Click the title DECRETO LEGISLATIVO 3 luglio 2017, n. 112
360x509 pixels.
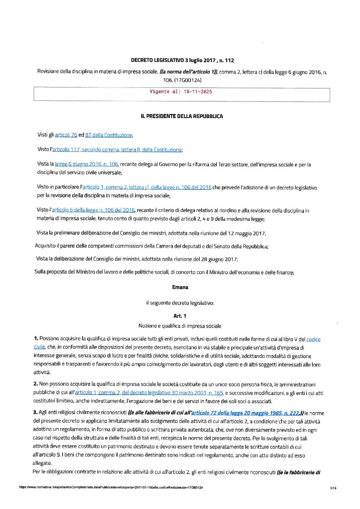click(x=182, y=61)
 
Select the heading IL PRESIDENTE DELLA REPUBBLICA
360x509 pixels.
click(x=182, y=116)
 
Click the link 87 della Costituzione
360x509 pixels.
click(x=109, y=135)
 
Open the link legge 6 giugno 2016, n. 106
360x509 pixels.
click(x=86, y=164)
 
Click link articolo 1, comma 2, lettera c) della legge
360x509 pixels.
click(x=147, y=187)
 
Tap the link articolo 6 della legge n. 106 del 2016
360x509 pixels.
click(x=93, y=210)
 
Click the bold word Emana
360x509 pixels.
click(x=180, y=288)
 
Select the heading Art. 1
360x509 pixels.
click(x=180, y=316)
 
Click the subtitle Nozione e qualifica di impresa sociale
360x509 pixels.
click(x=180, y=326)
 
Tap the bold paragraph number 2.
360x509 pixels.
click(x=35, y=384)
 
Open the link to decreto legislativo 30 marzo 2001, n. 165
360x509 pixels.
click(x=149, y=393)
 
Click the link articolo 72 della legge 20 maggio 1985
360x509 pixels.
click(x=245, y=413)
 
